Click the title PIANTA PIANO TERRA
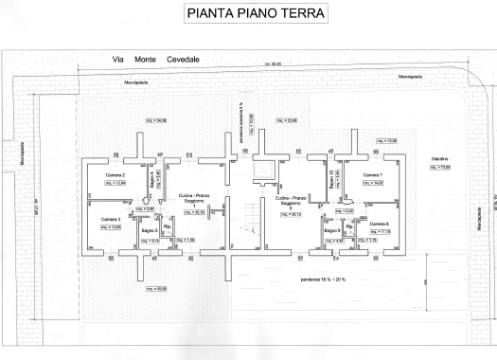click(248, 15)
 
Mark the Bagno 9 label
click(331, 230)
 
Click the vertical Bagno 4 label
click(148, 179)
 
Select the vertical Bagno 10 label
click(331, 179)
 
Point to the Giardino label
click(439, 158)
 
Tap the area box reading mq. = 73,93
click(440, 169)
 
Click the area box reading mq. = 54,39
click(156, 119)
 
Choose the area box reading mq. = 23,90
click(286, 120)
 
